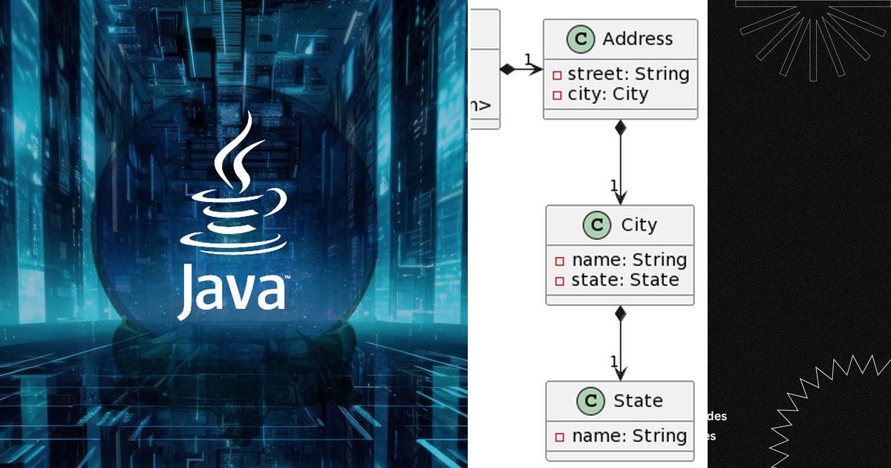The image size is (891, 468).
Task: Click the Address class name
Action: coord(637,39)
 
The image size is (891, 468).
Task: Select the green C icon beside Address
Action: coord(580,39)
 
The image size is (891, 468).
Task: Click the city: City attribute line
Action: coord(607,94)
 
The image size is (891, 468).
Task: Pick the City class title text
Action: coord(639,225)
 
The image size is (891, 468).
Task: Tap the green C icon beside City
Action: coord(595,225)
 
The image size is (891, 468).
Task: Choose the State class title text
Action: coord(637,401)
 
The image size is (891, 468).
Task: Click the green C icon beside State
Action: coord(590,401)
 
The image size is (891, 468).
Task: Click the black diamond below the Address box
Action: coord(621,128)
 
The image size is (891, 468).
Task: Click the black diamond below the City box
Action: coord(621,313)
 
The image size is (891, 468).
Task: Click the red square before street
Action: coord(558,75)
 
